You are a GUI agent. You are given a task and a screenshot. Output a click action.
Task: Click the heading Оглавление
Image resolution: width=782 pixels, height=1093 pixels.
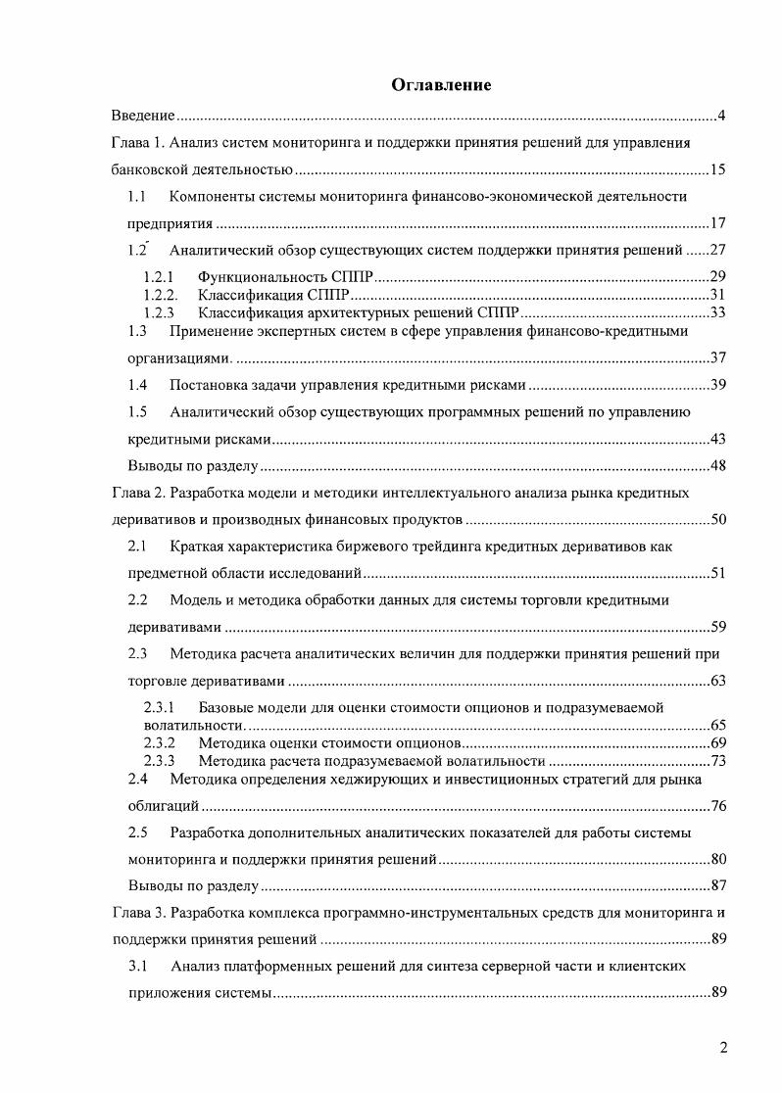pyautogui.click(x=441, y=85)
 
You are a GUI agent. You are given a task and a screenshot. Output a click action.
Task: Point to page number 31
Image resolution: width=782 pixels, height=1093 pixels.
pyautogui.click(x=717, y=295)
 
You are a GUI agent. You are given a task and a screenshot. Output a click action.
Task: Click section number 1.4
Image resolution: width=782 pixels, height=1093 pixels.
pyautogui.click(x=138, y=384)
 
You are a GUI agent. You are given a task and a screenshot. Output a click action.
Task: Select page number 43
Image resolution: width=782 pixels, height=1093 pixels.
pyautogui.click(x=717, y=439)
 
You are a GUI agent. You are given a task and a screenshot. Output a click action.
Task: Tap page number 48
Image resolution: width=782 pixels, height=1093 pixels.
pyautogui.click(x=717, y=465)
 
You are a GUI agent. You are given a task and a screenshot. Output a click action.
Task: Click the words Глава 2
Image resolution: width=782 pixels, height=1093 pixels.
pyautogui.click(x=134, y=492)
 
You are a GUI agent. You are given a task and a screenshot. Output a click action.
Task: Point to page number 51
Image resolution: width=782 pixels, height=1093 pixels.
pyautogui.click(x=717, y=573)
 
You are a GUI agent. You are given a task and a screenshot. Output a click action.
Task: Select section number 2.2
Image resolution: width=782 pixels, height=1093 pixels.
pyautogui.click(x=138, y=598)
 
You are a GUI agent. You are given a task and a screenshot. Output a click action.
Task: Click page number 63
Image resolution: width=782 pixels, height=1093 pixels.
pyautogui.click(x=717, y=680)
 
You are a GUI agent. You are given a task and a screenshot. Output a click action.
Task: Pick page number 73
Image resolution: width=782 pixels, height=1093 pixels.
pyautogui.click(x=717, y=761)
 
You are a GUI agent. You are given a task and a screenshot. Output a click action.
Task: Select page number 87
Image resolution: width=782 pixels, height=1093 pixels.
pyautogui.click(x=717, y=886)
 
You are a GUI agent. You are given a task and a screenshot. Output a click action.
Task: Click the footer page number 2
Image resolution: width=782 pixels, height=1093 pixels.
pyautogui.click(x=723, y=1048)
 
